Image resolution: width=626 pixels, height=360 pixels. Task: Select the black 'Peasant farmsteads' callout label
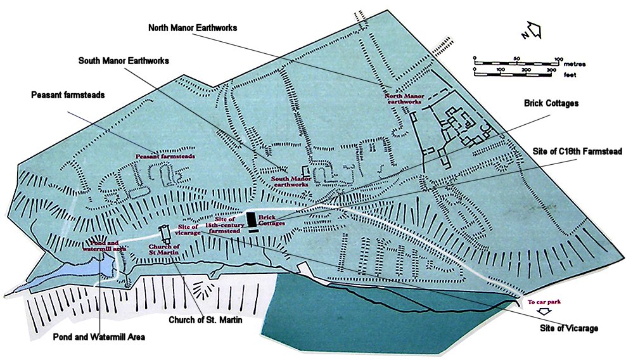click(67, 94)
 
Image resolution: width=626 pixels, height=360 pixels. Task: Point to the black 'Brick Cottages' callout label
click(551, 103)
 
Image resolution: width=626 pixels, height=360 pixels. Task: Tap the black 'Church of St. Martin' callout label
click(205, 319)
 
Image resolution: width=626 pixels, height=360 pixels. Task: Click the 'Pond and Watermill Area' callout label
click(99, 337)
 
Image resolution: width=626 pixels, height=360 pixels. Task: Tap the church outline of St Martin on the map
click(165, 235)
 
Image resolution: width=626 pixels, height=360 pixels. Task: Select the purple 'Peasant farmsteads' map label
click(163, 155)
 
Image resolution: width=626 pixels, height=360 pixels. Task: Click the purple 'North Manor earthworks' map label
click(403, 99)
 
